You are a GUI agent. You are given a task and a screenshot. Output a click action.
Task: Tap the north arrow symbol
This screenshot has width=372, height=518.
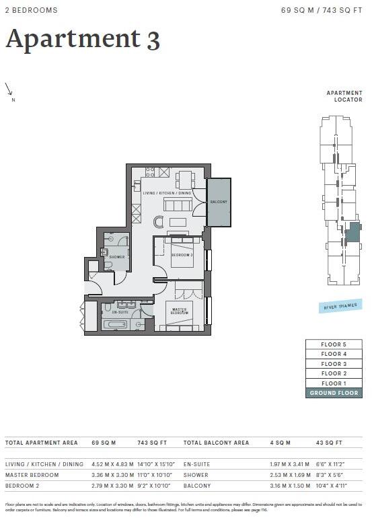[9, 90]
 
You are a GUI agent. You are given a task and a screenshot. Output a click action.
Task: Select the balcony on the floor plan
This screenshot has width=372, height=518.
[219, 202]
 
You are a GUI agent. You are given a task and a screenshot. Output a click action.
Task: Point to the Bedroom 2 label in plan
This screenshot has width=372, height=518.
[182, 256]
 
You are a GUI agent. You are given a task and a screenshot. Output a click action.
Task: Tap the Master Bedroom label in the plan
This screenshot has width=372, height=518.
[179, 311]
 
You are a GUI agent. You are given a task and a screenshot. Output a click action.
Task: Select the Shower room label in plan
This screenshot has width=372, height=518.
[117, 256]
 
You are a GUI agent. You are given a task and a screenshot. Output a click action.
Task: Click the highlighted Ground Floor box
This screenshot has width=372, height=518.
[334, 393]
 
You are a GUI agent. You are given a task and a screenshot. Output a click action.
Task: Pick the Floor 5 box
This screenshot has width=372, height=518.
[334, 344]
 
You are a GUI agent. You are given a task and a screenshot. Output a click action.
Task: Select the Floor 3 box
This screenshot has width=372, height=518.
[334, 363]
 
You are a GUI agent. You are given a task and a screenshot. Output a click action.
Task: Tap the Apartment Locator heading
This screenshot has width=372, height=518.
[344, 96]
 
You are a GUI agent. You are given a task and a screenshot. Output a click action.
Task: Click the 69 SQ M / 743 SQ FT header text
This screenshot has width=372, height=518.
[322, 11]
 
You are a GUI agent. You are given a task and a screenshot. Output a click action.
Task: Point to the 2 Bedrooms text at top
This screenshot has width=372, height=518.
[32, 11]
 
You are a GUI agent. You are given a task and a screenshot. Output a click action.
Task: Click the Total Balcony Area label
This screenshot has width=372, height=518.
[216, 443]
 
